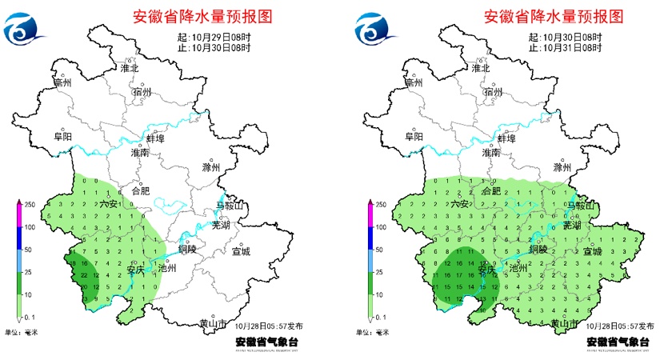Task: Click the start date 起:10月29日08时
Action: [x=215, y=38]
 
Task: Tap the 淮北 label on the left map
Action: [x=130, y=68]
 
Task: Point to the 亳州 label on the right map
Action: [x=412, y=82]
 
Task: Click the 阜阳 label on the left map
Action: [x=63, y=137]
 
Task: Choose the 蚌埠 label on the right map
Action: [x=507, y=138]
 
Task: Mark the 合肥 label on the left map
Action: [x=140, y=191]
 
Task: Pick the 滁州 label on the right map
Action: [x=563, y=169]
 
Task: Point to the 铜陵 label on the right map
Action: [x=538, y=249]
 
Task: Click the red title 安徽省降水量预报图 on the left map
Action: [x=190, y=16]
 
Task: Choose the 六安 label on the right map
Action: [x=459, y=204]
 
